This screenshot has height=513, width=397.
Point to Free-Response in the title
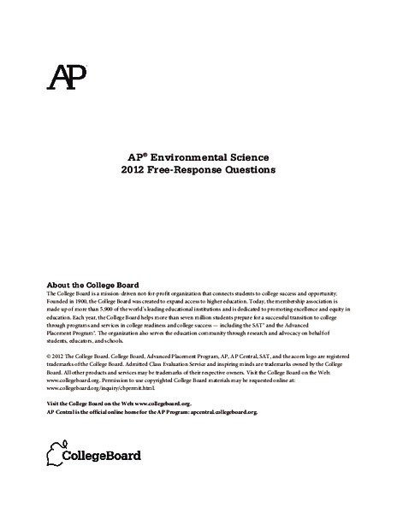tap(185, 170)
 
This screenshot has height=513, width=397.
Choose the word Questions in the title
tap(250, 170)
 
